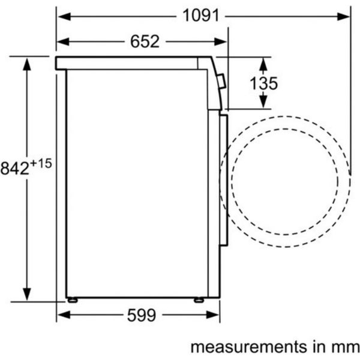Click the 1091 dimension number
pyautogui.click(x=201, y=16)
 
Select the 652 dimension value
pyautogui.click(x=145, y=41)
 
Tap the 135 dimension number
pyautogui.click(x=263, y=83)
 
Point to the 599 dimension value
pyautogui.click(x=142, y=315)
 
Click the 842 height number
pyautogui.click(x=15, y=168)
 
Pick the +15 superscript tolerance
pyautogui.click(x=41, y=164)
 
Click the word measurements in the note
pyautogui.click(x=248, y=347)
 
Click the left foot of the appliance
pyautogui.click(x=73, y=300)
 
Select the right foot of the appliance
pyautogui.click(x=199, y=300)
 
